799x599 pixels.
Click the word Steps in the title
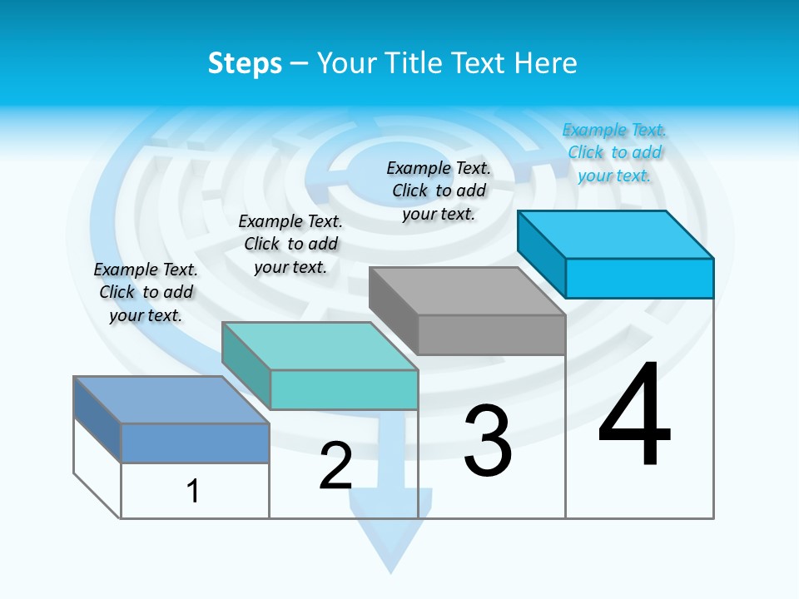(245, 63)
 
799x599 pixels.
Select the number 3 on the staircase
(488, 442)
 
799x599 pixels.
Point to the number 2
(335, 466)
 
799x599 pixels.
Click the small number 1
(193, 491)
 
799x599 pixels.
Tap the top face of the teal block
(320, 346)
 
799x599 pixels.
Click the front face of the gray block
(491, 335)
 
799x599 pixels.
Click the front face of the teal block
(344, 390)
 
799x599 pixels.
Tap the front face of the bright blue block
(639, 278)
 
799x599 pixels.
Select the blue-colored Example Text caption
(614, 153)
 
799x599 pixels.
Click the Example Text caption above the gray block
(439, 191)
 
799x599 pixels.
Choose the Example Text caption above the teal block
(290, 244)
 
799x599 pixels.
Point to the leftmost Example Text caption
(146, 292)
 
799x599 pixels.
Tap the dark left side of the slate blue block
(97, 419)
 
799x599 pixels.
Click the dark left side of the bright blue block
(541, 254)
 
